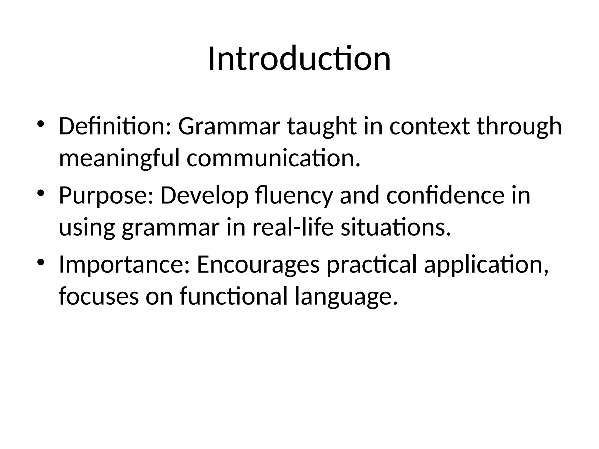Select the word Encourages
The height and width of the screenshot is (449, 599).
(x=258, y=265)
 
